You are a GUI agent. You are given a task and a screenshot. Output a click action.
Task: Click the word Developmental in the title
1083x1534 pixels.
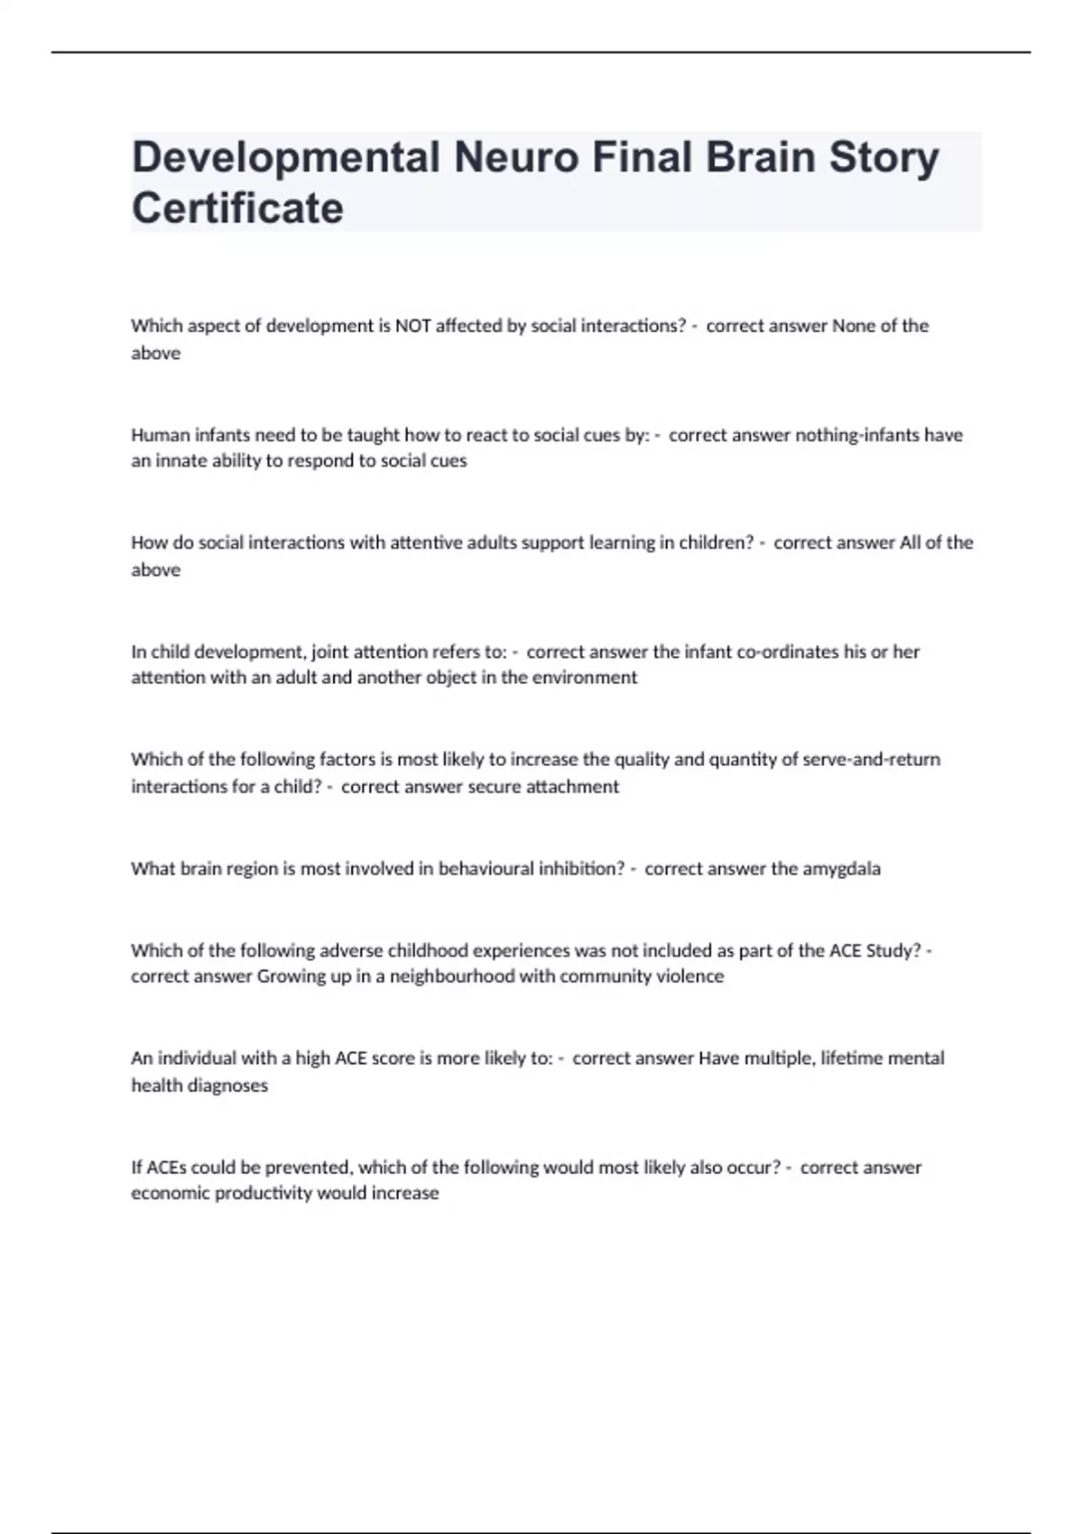click(x=285, y=157)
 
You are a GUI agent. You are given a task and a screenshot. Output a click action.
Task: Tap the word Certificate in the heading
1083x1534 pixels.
click(x=237, y=208)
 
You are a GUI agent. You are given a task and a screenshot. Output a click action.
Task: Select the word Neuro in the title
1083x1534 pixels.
click(x=516, y=157)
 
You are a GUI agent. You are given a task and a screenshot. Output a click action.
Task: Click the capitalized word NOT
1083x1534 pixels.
click(x=412, y=326)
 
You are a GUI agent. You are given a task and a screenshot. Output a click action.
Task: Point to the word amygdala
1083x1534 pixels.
click(x=841, y=869)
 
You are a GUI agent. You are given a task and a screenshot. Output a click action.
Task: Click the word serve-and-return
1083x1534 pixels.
click(x=875, y=760)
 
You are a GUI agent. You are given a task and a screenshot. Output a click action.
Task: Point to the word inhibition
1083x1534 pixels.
click(x=581, y=869)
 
